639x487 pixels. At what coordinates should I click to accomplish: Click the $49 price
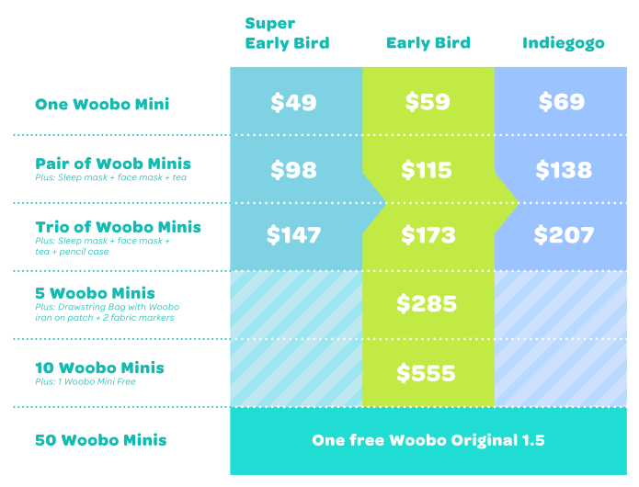tap(293, 102)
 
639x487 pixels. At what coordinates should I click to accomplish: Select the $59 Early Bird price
tap(428, 102)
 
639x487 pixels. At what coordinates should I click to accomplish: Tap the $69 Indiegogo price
tap(561, 102)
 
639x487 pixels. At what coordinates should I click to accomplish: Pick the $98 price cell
tap(293, 170)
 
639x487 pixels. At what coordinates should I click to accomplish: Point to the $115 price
tap(428, 170)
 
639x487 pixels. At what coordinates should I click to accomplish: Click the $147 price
tap(293, 236)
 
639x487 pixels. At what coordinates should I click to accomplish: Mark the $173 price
tap(428, 236)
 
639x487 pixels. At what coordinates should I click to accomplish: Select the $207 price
tap(563, 236)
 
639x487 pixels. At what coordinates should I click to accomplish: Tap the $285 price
tap(428, 304)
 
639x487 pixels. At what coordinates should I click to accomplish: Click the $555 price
tap(428, 373)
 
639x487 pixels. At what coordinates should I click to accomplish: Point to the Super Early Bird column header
tap(287, 33)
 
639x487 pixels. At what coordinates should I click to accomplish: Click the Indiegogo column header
tap(563, 43)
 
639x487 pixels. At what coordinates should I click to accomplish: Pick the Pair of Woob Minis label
tap(113, 164)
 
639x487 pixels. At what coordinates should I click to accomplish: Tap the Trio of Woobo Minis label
tap(118, 227)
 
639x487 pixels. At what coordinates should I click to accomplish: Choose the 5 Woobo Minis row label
tap(95, 294)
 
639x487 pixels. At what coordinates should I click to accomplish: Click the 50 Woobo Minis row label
tap(100, 440)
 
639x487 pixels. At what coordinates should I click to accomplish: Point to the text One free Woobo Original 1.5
tap(428, 440)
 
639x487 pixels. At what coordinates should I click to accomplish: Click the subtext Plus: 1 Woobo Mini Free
tap(86, 381)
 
